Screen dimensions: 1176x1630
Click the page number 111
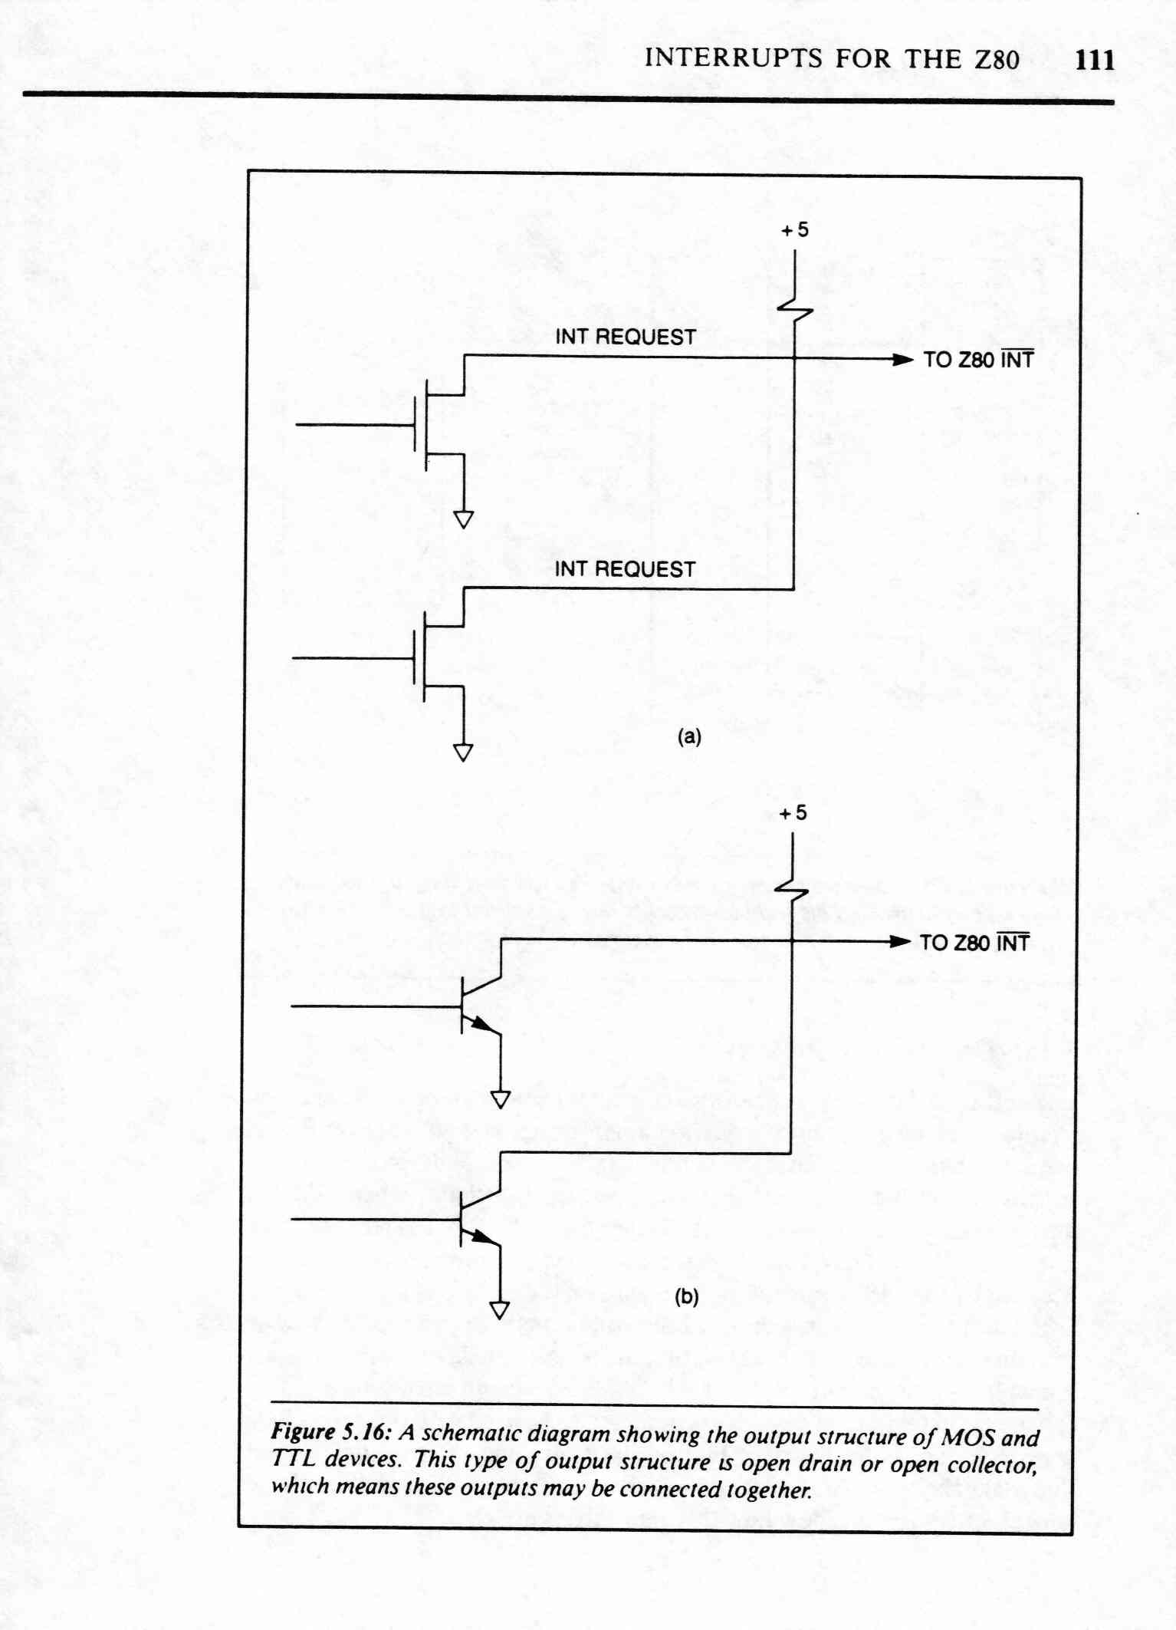[1095, 60]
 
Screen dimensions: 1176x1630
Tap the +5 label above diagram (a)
[795, 230]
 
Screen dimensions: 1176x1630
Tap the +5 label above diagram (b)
[793, 813]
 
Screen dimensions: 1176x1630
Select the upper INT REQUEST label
[625, 337]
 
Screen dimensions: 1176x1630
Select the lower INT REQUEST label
[625, 569]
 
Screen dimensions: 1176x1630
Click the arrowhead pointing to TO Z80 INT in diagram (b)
[900, 942]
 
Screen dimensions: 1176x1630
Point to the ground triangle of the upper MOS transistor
[464, 520]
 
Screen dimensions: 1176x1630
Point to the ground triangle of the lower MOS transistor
[463, 752]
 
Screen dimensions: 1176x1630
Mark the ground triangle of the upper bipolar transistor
[501, 1099]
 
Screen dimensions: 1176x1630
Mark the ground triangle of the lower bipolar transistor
[500, 1310]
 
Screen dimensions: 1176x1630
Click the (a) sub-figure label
[688, 737]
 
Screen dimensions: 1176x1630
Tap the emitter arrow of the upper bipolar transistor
[481, 1023]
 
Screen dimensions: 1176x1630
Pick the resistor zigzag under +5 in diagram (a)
[795, 309]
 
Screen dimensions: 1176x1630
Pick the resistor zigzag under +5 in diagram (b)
[791, 891]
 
